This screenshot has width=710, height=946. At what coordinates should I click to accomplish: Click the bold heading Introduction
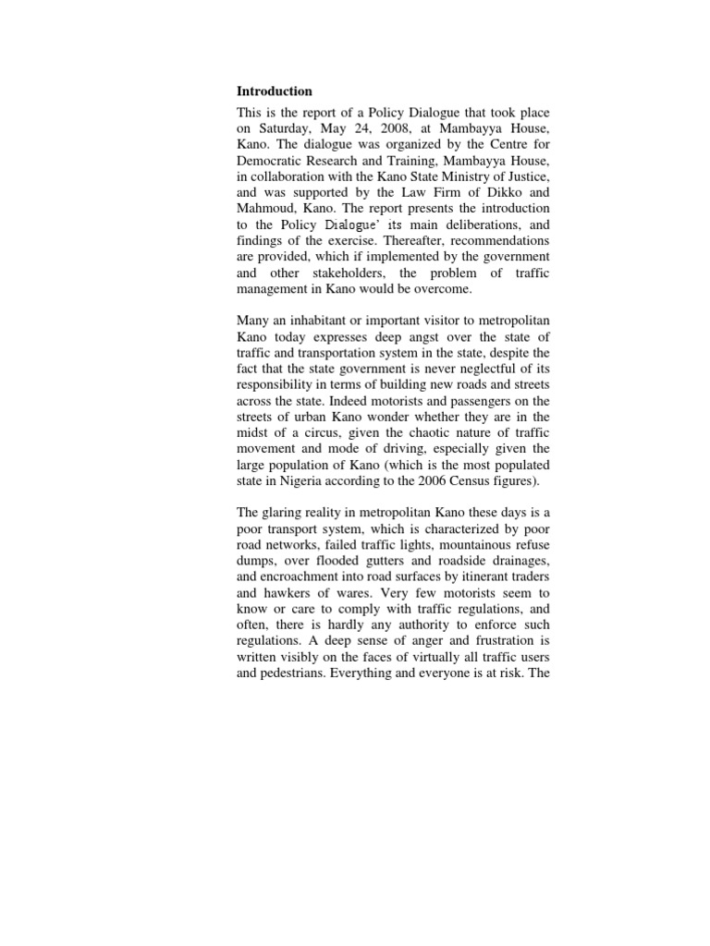pyautogui.click(x=275, y=91)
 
